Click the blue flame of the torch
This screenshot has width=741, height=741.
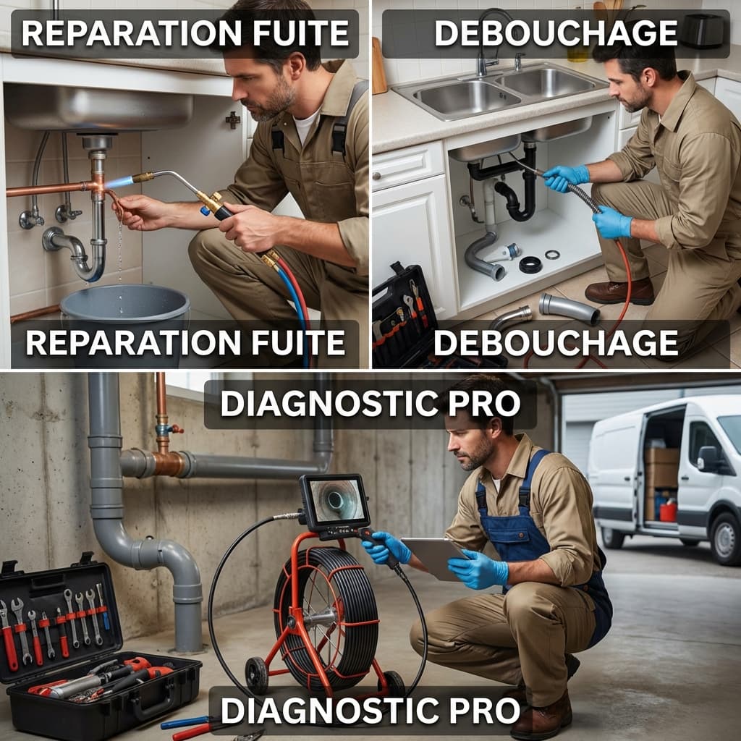point(119,182)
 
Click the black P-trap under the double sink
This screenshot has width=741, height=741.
point(517,198)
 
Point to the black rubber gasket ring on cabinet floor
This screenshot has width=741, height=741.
point(530,265)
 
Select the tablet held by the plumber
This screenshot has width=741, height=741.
point(433,558)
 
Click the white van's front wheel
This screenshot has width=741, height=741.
point(725,538)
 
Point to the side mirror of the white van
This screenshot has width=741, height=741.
point(708,458)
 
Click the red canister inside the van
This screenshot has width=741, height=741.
point(668,512)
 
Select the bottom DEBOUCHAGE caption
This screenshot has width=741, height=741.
point(555,342)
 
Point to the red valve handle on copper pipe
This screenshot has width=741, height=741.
point(175,429)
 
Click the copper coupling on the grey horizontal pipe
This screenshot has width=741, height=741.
point(168,464)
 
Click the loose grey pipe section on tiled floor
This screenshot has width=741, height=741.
point(569,309)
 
